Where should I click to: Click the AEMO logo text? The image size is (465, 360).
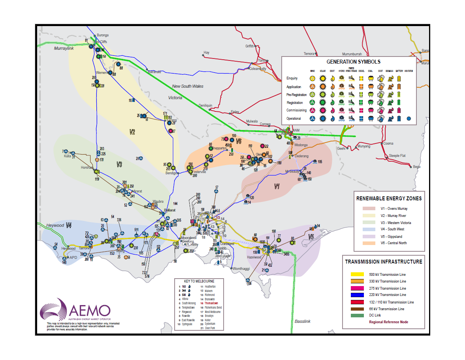point(90,309)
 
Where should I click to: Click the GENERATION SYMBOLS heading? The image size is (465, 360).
point(348,62)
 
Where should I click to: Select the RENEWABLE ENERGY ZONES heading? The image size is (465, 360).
point(389,198)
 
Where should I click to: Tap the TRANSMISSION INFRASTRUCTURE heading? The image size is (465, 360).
point(383,262)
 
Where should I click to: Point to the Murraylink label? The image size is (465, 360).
point(64,48)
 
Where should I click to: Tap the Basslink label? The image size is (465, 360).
point(302,321)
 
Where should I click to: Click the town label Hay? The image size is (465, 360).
point(206,53)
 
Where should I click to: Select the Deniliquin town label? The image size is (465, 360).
point(205,106)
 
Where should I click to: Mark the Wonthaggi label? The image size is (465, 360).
point(241,269)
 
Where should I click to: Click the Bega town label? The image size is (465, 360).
point(417,167)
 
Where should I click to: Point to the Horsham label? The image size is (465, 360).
point(87,168)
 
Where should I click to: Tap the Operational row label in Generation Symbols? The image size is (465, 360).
point(294,119)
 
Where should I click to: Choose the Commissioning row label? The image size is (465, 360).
point(296,110)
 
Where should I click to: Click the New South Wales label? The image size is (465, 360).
point(188,86)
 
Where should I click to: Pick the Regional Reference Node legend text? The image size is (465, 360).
point(388,322)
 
